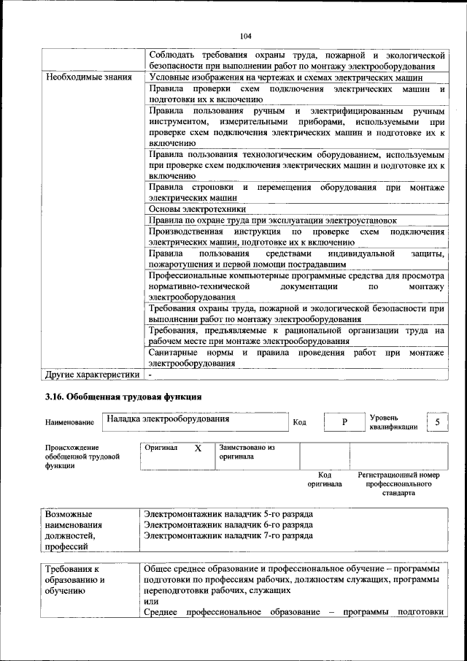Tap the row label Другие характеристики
click(x=92, y=375)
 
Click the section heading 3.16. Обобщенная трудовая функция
click(x=123, y=397)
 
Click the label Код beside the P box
click(x=299, y=422)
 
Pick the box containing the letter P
click(x=344, y=422)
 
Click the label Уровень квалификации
click(x=393, y=422)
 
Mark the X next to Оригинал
click(x=197, y=448)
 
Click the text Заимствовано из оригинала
click(x=246, y=451)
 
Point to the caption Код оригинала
click(x=325, y=479)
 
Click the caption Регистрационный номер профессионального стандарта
click(x=398, y=484)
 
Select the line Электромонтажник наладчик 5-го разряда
click(x=228, y=514)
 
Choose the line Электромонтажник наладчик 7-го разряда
click(x=228, y=535)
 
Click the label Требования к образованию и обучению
click(x=75, y=580)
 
